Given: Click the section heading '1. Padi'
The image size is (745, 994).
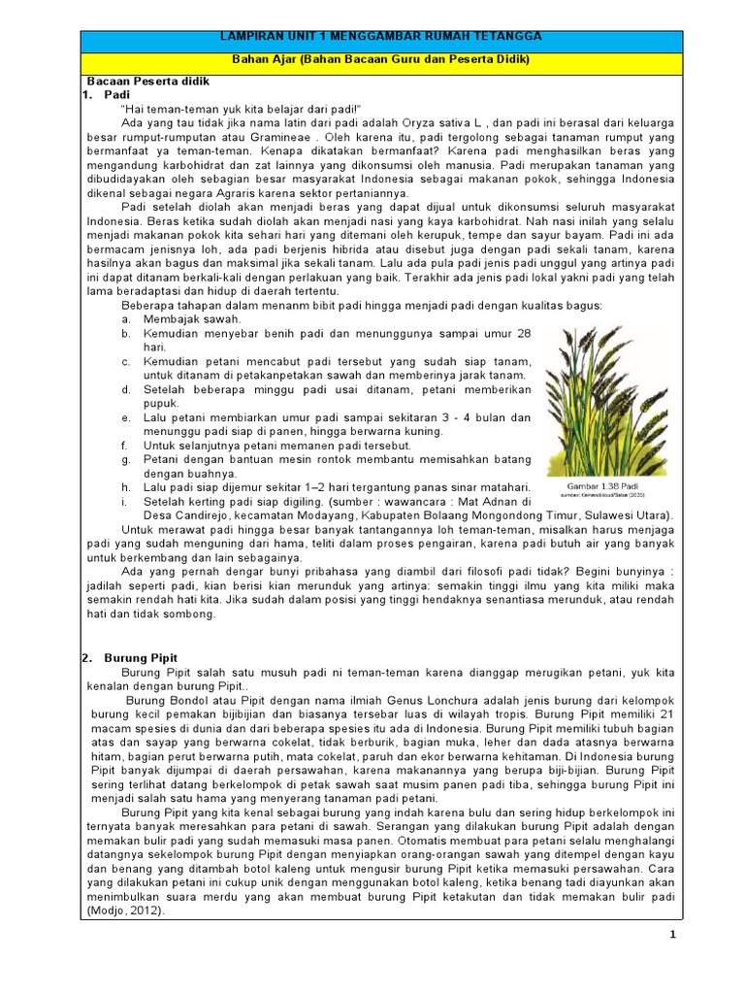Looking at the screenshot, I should pos(105,96).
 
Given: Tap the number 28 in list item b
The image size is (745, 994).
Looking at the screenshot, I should pos(524,333).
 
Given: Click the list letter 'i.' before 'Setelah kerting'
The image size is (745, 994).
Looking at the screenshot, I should pos(125,501).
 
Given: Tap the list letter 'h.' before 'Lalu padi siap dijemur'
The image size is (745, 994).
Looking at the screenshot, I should pos(126,486).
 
